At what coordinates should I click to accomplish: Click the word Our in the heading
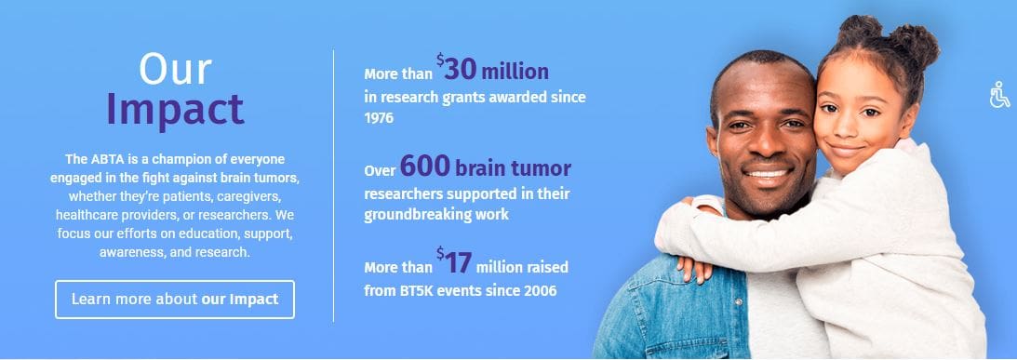[x=175, y=70]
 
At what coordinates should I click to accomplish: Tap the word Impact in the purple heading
[x=175, y=108]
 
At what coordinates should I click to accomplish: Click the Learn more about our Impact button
[x=175, y=299]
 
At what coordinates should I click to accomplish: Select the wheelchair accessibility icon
[x=999, y=95]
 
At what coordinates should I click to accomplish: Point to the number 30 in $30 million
[x=461, y=70]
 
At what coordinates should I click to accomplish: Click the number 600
[x=425, y=167]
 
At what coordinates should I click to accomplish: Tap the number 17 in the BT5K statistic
[x=459, y=262]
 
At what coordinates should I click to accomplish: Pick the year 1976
[x=379, y=119]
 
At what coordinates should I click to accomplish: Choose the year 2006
[x=541, y=290]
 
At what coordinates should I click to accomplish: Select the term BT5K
[x=415, y=290]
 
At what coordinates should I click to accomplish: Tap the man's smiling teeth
[x=768, y=174]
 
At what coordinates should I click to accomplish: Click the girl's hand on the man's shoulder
[x=692, y=267]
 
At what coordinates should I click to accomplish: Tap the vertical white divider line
[x=333, y=185]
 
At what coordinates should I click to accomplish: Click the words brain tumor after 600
[x=513, y=168]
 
